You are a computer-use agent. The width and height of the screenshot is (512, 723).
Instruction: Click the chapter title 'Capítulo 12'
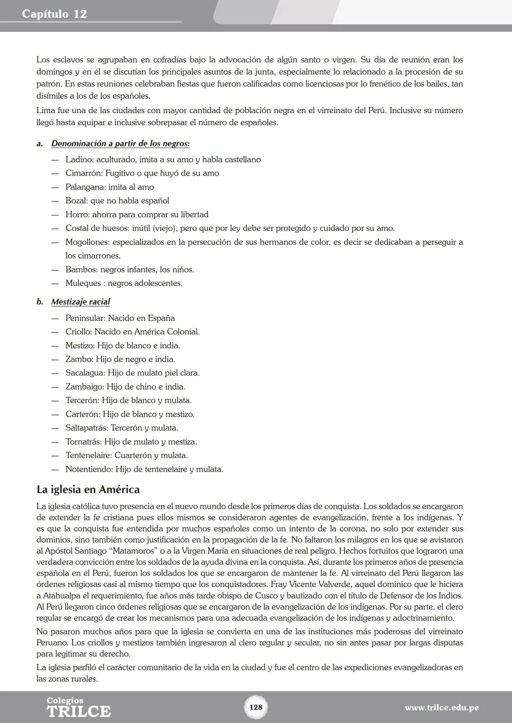[x=55, y=14]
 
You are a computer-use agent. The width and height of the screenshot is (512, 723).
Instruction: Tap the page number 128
[x=256, y=707]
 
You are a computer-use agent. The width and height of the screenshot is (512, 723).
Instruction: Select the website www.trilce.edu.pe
[x=441, y=708]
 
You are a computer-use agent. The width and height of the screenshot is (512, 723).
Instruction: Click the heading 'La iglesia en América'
[x=88, y=489]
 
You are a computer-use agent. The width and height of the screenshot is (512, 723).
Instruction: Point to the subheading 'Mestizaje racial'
[x=81, y=302]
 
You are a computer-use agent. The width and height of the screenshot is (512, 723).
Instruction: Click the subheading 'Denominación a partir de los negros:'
[x=120, y=143]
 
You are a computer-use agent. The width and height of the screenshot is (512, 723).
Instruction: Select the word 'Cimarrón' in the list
[x=83, y=173]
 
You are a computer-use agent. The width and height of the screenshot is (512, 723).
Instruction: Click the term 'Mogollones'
[x=87, y=242]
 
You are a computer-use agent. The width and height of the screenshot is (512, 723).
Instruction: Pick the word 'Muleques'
[x=83, y=283]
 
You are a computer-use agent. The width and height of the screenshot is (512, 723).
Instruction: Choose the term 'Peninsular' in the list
[x=85, y=318]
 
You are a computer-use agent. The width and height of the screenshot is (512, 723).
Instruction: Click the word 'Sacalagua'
[x=85, y=373]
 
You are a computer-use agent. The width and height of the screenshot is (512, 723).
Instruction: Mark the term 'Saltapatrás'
[x=87, y=428]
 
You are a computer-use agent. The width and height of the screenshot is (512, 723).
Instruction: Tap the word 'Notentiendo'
[x=89, y=469]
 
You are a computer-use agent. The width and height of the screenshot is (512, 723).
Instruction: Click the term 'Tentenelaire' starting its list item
[x=88, y=455]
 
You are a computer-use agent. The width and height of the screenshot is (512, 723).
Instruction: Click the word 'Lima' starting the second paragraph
[x=45, y=111]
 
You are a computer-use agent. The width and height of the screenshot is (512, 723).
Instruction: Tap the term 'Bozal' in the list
[x=76, y=201]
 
